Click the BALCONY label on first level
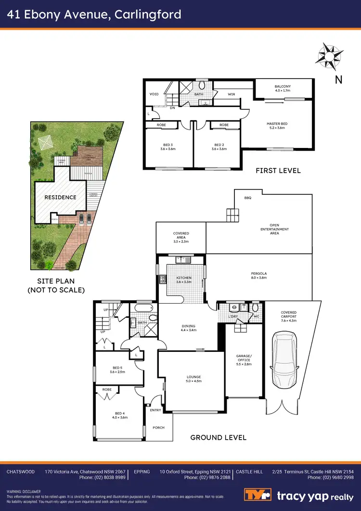283,88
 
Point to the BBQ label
248,198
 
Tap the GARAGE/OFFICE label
244,359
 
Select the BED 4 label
119,415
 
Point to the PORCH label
158,428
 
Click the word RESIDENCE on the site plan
60,197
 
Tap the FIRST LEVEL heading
278,170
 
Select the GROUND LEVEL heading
219,437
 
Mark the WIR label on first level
232,94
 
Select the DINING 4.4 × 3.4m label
188,328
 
